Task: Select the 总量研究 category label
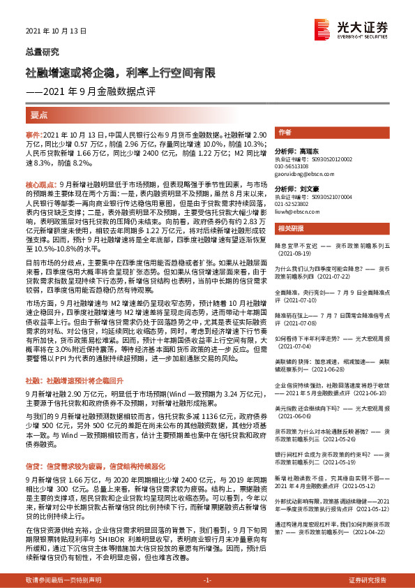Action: coord(42,52)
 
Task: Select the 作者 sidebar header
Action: coord(285,132)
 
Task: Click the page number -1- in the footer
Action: coord(207,580)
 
